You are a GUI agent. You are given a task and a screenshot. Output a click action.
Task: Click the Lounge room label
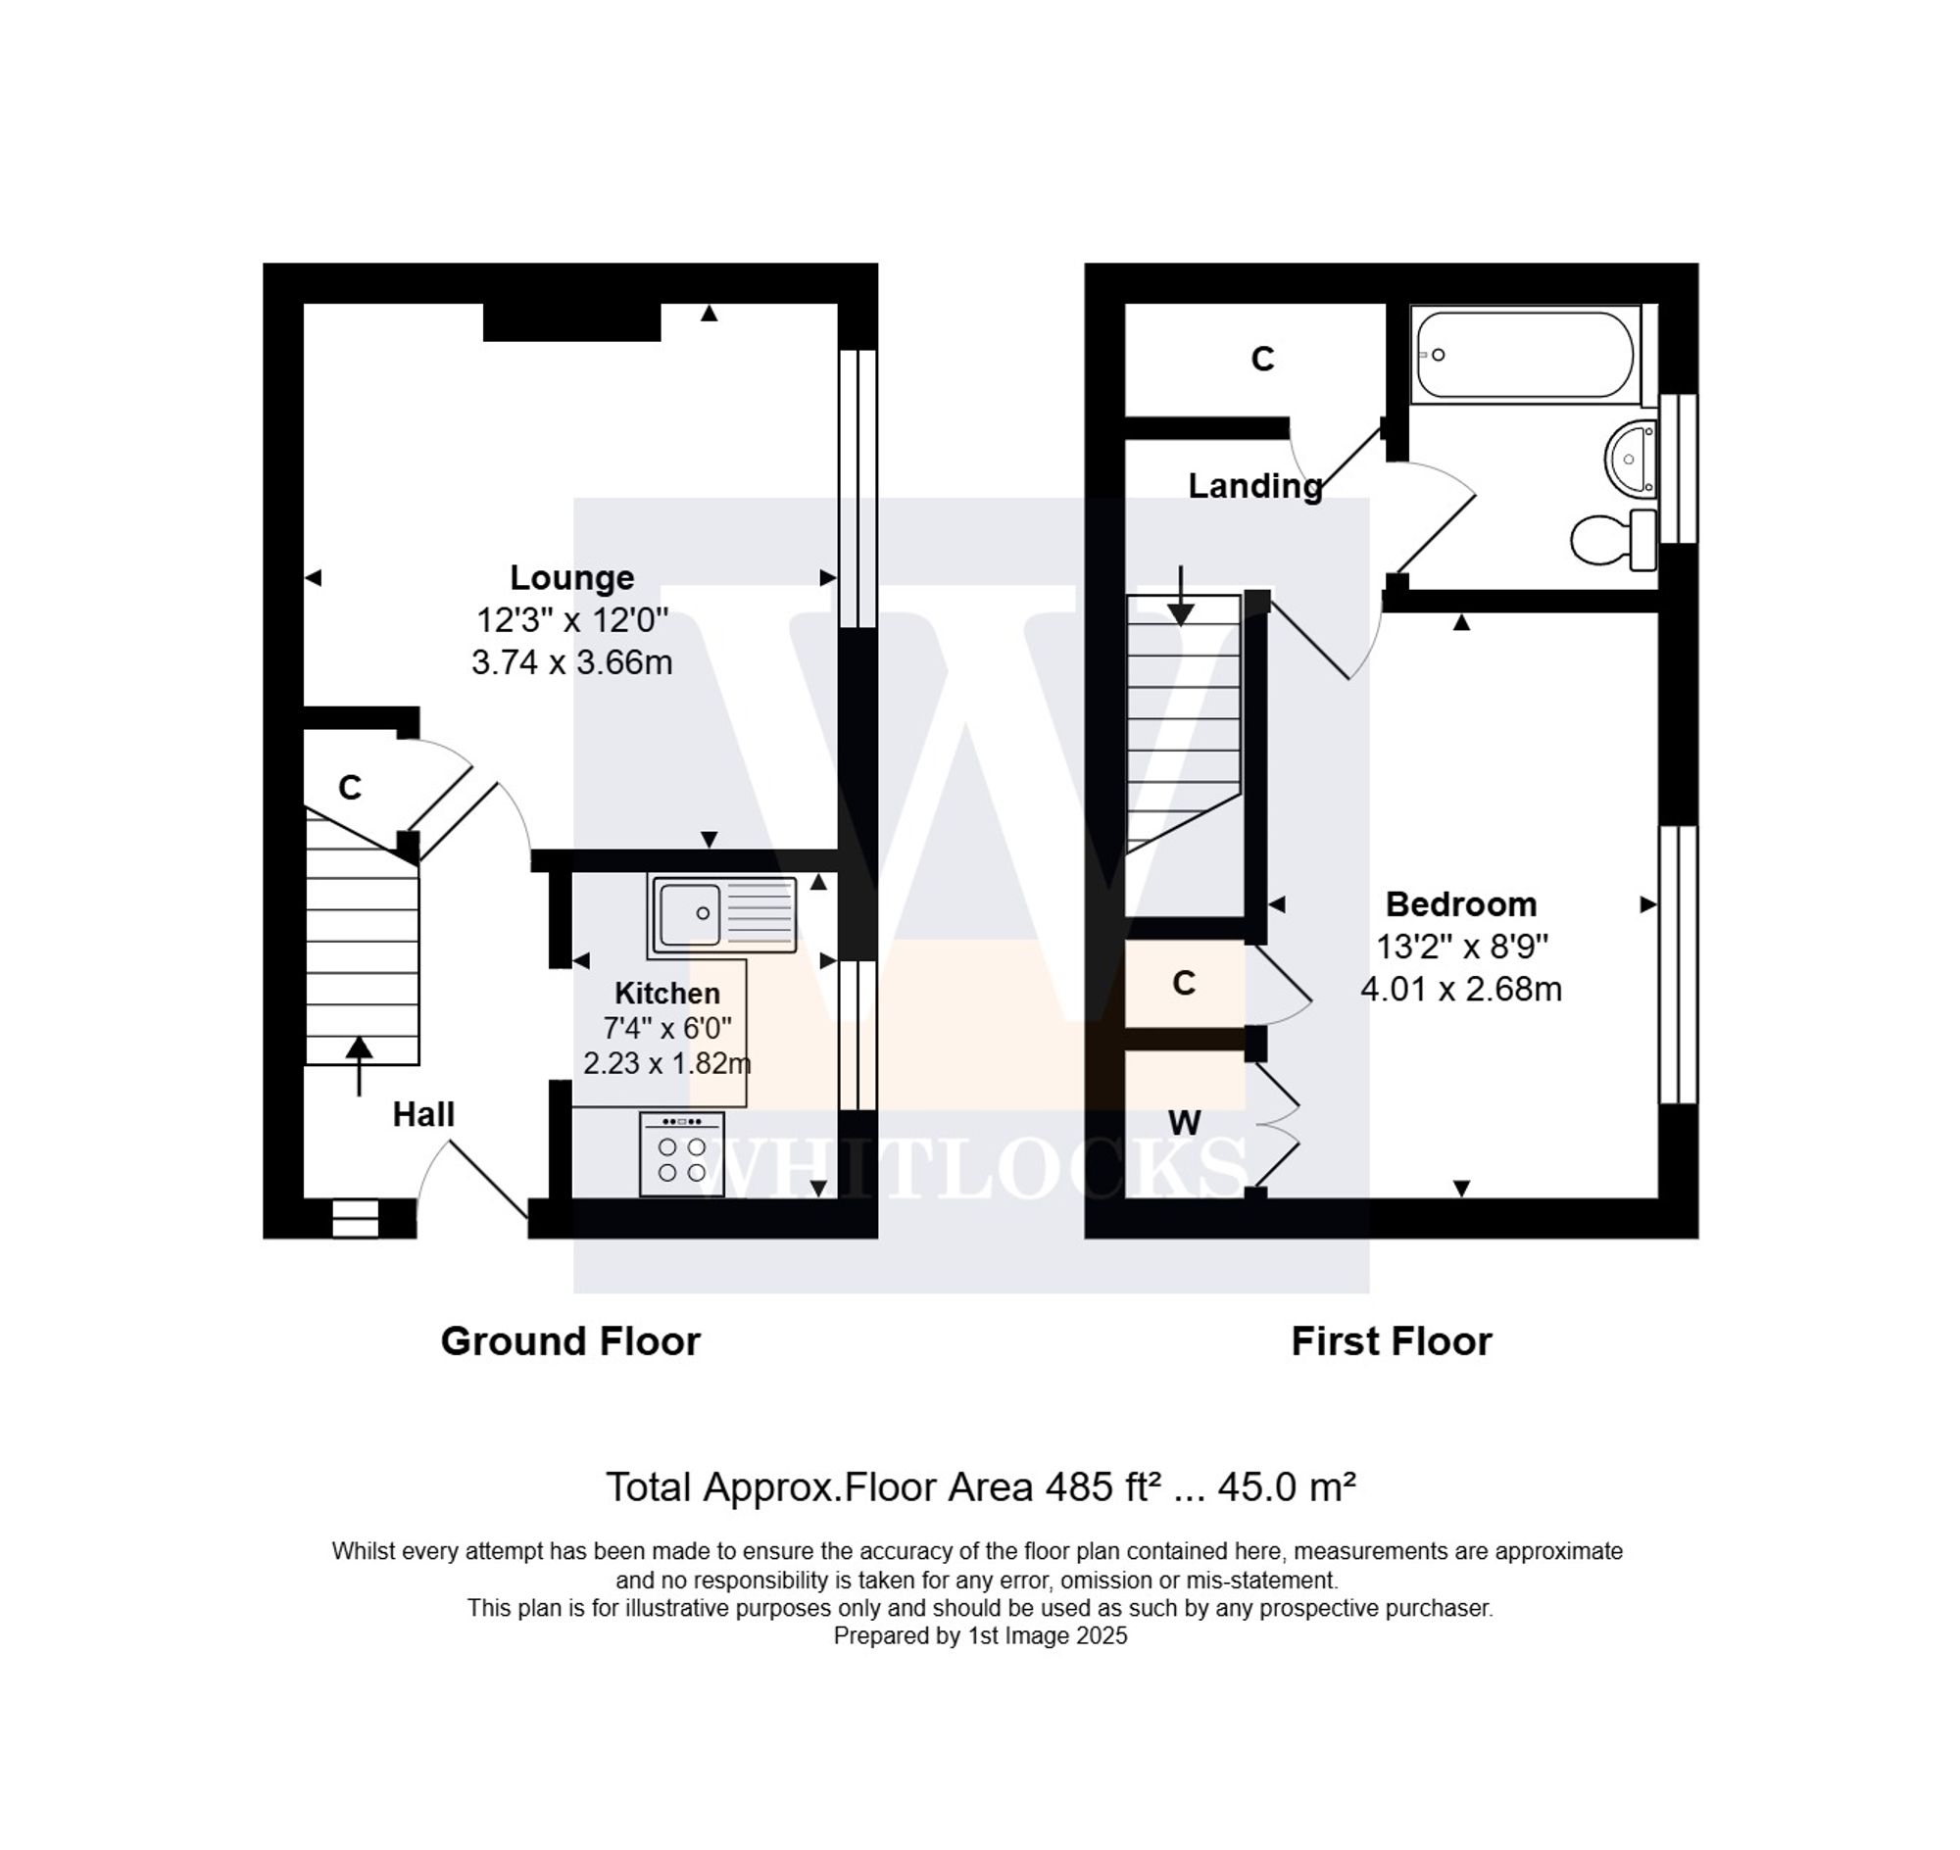571,578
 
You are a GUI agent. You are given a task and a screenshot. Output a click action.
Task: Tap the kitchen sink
722,914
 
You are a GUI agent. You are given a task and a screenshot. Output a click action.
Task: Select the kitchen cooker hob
682,1154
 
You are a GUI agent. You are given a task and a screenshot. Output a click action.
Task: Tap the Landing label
1254,486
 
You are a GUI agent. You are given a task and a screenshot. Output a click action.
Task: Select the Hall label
423,1114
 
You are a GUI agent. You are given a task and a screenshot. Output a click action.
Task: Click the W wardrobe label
1184,1122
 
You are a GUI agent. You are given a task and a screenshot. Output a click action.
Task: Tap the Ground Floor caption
570,1342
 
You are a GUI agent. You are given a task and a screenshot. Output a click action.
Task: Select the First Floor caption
1391,1342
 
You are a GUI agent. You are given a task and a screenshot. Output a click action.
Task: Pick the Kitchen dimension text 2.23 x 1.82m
666,1064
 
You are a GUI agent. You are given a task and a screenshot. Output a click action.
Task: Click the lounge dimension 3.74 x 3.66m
571,661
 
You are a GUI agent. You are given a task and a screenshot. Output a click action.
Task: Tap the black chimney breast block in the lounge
571,322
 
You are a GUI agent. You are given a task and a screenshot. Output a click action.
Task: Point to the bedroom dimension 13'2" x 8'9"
1461,947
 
